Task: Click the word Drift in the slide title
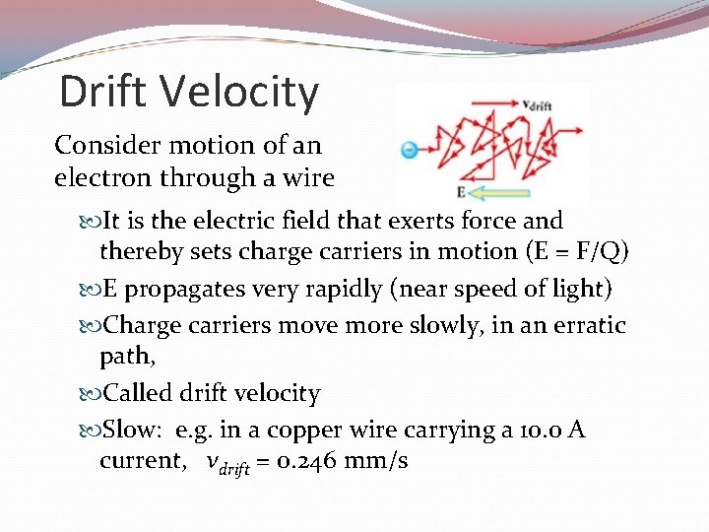click(x=104, y=92)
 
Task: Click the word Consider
click(x=100, y=145)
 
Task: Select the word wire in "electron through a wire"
click(x=309, y=178)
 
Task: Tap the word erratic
click(x=589, y=324)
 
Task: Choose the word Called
click(x=139, y=393)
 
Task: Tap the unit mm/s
click(x=377, y=460)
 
